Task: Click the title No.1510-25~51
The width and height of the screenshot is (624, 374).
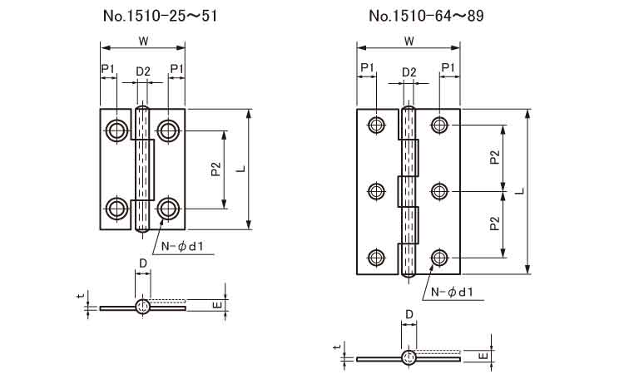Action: [161, 16]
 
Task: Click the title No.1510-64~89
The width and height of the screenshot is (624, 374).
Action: [426, 16]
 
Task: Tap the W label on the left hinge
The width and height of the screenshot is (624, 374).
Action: [144, 41]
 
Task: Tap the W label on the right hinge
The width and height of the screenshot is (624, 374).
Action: [409, 41]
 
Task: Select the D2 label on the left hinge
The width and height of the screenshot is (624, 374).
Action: [143, 71]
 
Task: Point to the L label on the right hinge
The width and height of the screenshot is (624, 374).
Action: [520, 191]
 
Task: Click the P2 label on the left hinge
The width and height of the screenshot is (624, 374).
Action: [215, 170]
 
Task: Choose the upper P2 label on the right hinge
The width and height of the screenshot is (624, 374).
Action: [495, 158]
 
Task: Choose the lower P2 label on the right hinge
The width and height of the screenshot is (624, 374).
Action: [495, 224]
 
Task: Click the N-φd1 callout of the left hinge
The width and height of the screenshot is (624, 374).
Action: [182, 247]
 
